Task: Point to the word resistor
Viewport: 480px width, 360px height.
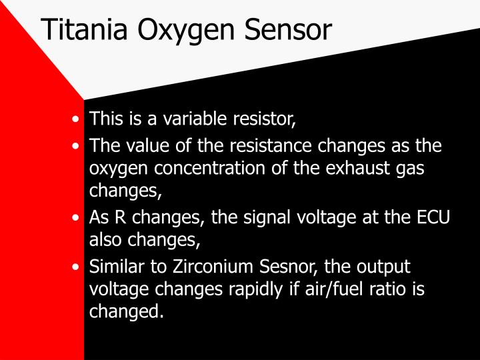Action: [x=259, y=119]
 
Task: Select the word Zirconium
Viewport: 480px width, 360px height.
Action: [x=203, y=266]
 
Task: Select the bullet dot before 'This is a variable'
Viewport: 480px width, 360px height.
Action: [x=78, y=120]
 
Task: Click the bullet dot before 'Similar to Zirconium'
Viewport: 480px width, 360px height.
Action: [x=78, y=267]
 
